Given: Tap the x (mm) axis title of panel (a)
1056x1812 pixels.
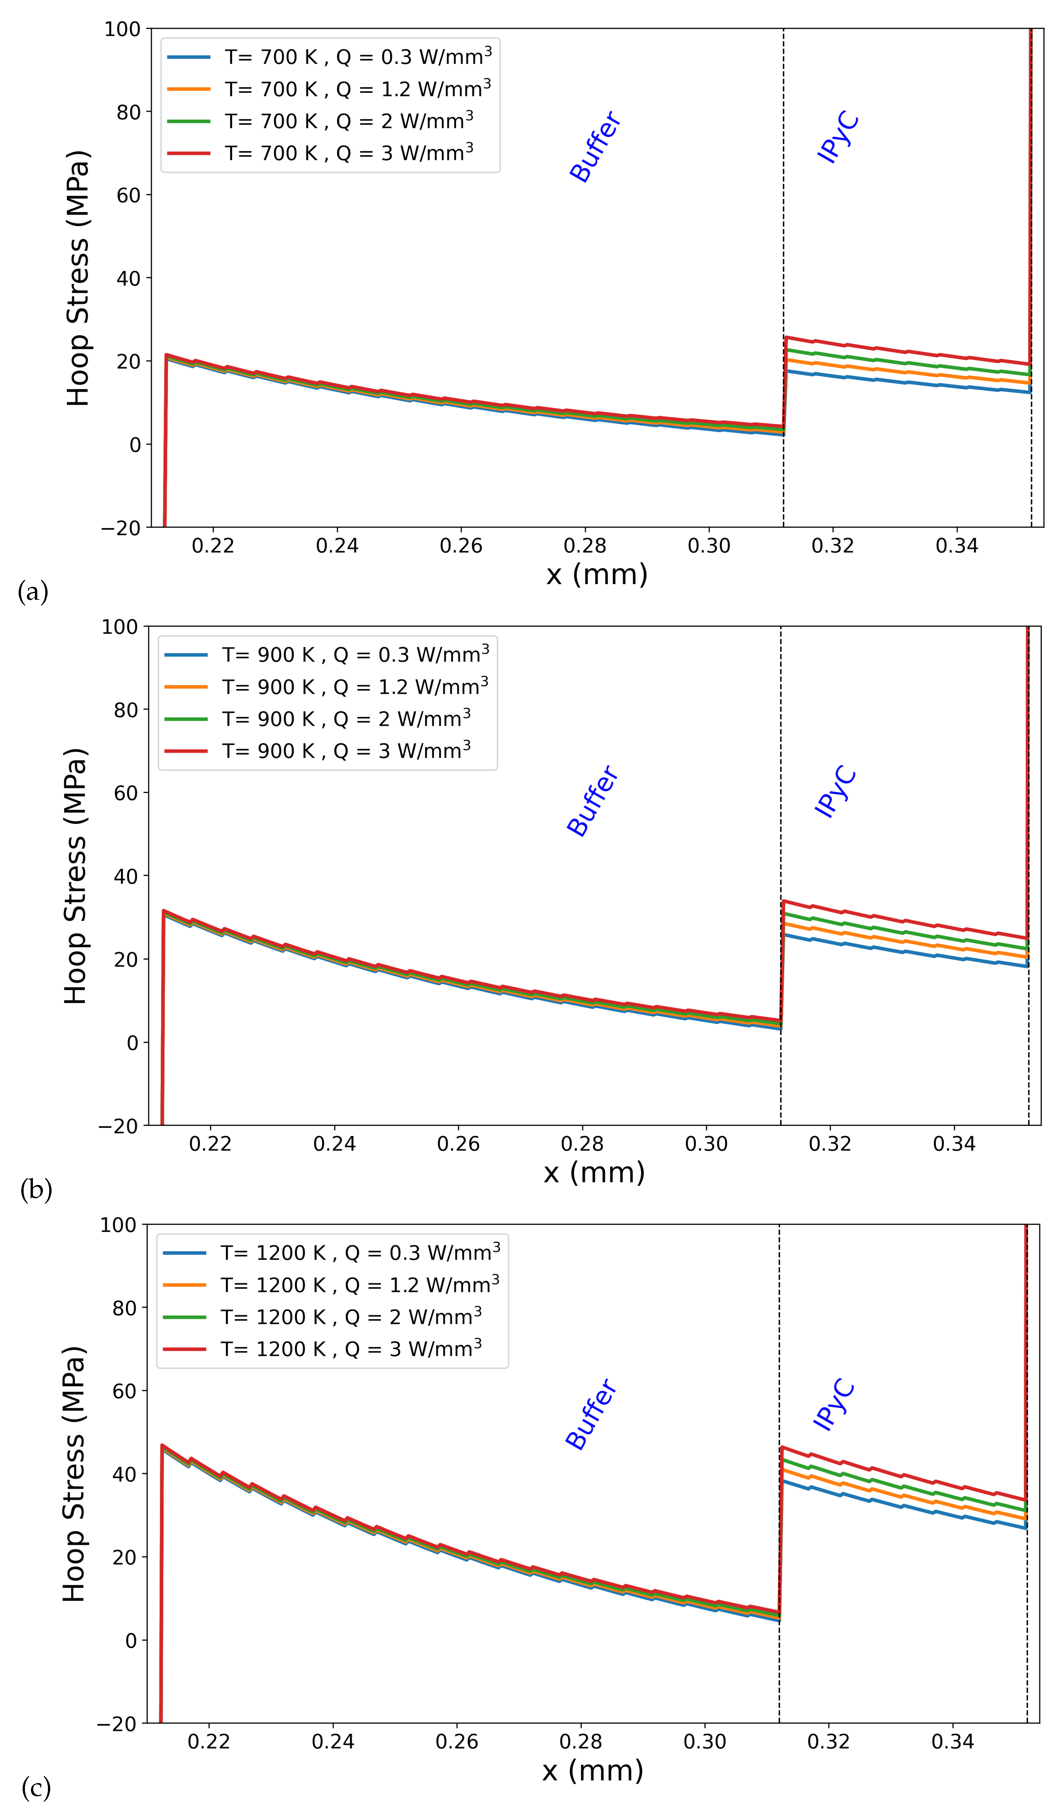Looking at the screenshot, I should click(596, 574).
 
